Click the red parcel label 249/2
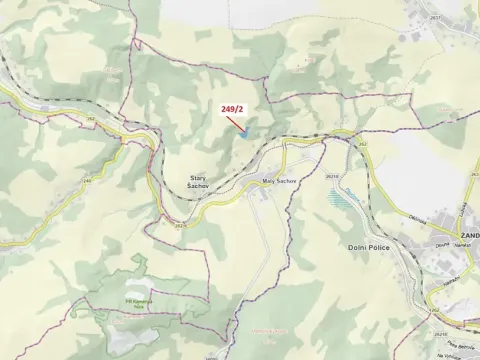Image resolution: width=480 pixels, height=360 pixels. [x=231, y=108]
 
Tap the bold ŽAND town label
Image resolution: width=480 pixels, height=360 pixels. [x=468, y=236]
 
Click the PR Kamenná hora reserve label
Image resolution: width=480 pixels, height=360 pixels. [x=137, y=302]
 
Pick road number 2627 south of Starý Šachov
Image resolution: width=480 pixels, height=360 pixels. [x=179, y=227]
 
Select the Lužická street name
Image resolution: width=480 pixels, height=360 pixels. [x=465, y=210]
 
